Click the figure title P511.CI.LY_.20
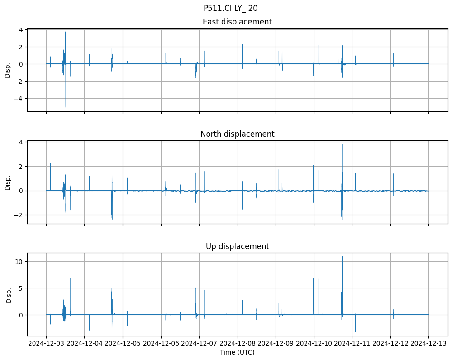(230, 8)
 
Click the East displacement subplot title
(237, 22)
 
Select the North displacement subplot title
(237, 134)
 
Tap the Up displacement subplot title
(237, 246)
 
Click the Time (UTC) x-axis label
(237, 352)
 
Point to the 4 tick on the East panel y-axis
(21, 30)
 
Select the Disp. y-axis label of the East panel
(8, 70)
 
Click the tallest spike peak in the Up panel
(343, 257)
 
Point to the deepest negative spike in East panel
(65, 107)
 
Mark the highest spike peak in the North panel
(343, 144)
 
